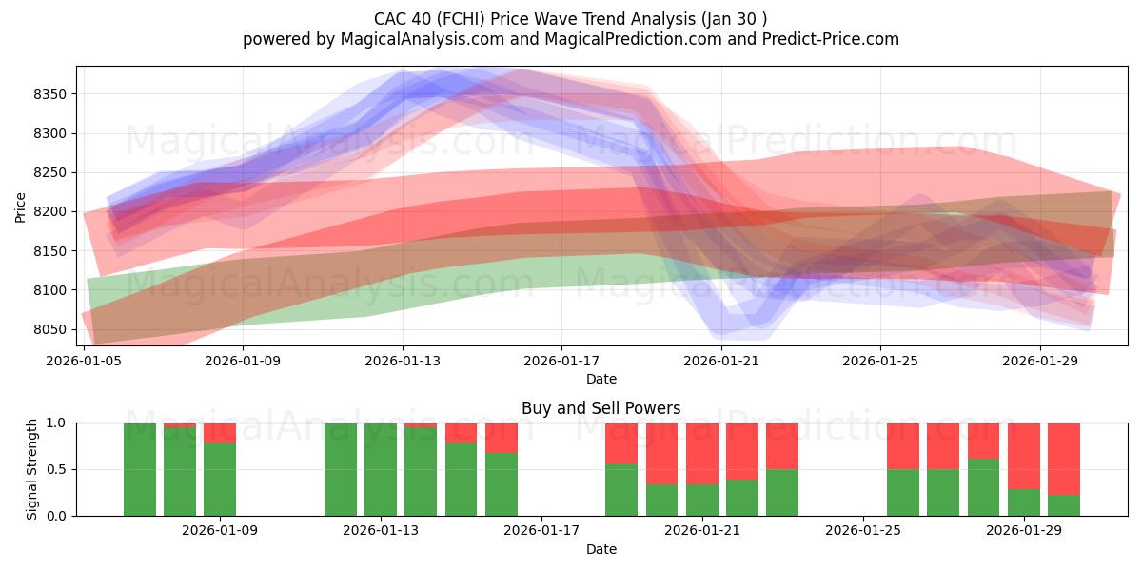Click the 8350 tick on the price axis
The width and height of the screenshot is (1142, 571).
pyautogui.click(x=49, y=94)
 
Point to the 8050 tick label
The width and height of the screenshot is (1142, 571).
pyautogui.click(x=49, y=329)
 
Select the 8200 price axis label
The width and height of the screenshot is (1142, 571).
pyautogui.click(x=49, y=211)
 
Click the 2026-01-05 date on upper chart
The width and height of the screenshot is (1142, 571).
pyautogui.click(x=85, y=362)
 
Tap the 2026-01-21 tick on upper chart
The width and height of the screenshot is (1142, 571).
pyautogui.click(x=720, y=362)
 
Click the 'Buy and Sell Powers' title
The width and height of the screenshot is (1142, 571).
pyautogui.click(x=601, y=408)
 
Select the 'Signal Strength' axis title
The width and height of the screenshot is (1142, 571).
pyautogui.click(x=31, y=469)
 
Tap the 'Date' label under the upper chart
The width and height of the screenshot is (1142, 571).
pyautogui.click(x=601, y=379)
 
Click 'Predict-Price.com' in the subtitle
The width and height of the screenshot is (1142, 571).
pyautogui.click(x=833, y=39)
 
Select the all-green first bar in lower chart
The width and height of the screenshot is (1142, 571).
pyautogui.click(x=140, y=469)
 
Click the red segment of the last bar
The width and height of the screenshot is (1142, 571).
pyautogui.click(x=1063, y=458)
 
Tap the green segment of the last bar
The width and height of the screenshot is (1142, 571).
pyautogui.click(x=1063, y=505)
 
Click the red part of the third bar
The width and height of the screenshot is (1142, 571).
pyautogui.click(x=220, y=432)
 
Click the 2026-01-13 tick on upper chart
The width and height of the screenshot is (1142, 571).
pyautogui.click(x=403, y=362)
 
